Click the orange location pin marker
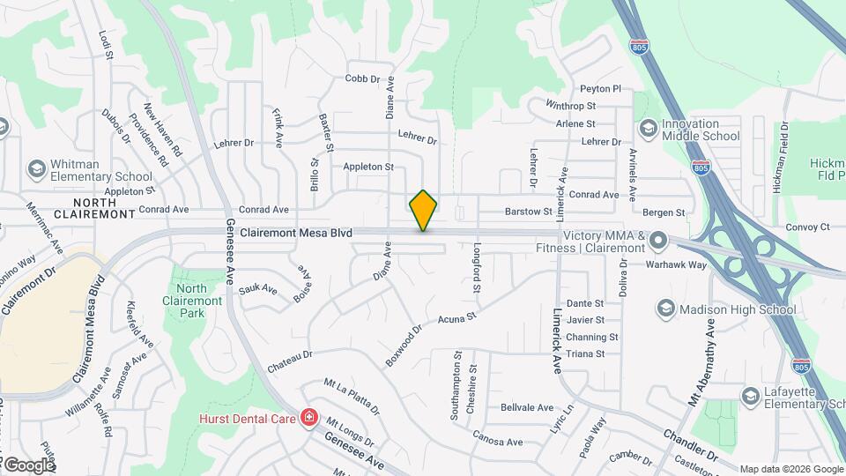click(423, 210)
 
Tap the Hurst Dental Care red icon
click(309, 417)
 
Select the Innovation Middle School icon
click(649, 129)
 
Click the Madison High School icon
click(666, 309)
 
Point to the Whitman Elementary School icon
click(36, 168)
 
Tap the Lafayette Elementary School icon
click(750, 396)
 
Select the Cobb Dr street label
click(362, 78)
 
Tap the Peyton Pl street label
click(600, 89)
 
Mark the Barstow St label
click(527, 212)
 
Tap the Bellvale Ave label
click(526, 407)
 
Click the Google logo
click(28, 465)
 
